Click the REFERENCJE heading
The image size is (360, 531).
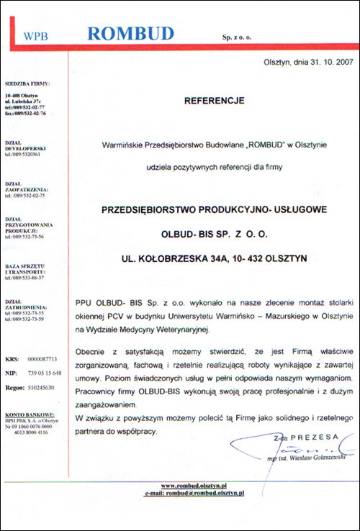pos(215,101)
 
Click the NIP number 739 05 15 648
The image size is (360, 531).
pos(44,372)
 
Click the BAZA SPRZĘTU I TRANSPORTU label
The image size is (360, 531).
pos(26,273)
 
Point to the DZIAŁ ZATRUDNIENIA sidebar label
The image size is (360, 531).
pos(25,303)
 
